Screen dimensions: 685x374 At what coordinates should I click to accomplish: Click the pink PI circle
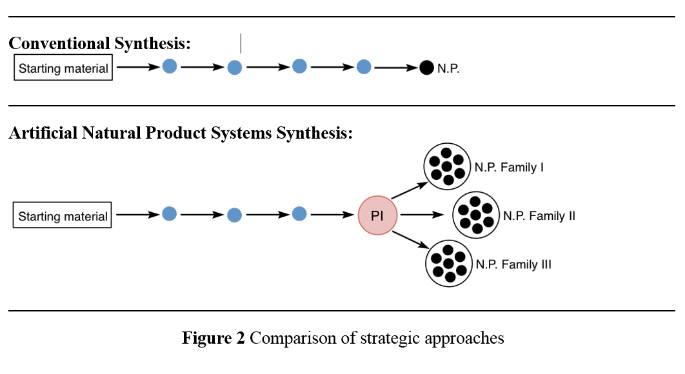click(x=377, y=215)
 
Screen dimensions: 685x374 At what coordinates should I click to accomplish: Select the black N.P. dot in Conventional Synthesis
click(x=426, y=68)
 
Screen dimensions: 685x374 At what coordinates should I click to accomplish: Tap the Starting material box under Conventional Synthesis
click(x=63, y=67)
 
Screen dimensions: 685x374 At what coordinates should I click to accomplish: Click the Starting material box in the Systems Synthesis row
click(x=63, y=215)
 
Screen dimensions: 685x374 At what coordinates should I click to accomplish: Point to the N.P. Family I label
click(x=509, y=168)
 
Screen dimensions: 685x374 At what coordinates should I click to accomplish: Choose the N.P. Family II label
click(x=539, y=216)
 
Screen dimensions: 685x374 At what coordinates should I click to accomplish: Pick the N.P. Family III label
click(x=513, y=264)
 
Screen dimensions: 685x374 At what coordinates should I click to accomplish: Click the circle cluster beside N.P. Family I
click(x=447, y=166)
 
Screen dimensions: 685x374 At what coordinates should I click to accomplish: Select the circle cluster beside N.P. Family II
click(x=476, y=215)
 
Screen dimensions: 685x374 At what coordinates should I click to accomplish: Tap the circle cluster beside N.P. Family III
click(x=449, y=264)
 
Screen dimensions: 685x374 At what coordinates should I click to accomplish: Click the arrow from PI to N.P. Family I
click(x=410, y=190)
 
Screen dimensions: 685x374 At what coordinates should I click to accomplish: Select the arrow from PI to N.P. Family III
click(x=411, y=240)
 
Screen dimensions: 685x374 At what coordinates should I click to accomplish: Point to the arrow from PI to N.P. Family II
click(x=422, y=215)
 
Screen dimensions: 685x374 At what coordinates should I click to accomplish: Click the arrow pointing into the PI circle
click(x=332, y=215)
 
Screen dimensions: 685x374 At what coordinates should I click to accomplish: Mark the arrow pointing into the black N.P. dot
click(x=396, y=68)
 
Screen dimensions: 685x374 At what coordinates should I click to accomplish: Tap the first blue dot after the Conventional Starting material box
click(x=170, y=66)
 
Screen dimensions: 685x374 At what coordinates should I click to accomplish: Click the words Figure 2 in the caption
click(x=213, y=338)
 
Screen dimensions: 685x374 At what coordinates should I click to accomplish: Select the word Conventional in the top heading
click(x=59, y=43)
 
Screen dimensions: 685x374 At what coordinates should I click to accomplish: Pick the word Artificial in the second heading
click(x=43, y=133)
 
